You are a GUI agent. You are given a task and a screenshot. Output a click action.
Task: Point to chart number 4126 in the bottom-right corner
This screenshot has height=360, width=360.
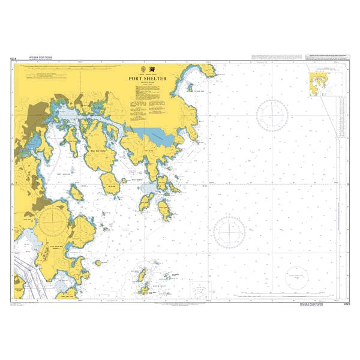point(344,305)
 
